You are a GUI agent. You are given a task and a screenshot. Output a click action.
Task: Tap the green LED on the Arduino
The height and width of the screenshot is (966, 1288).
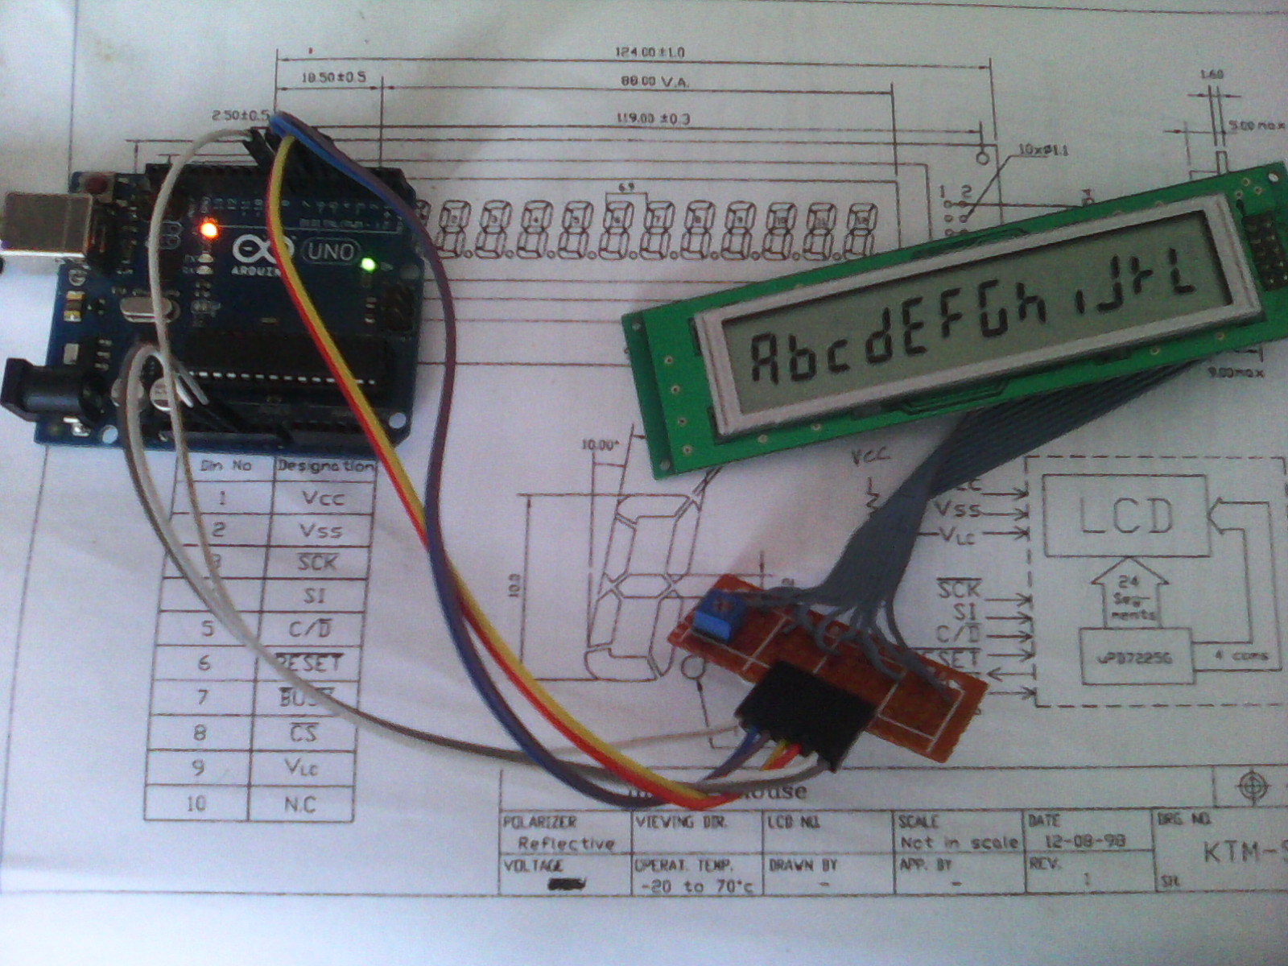point(369,264)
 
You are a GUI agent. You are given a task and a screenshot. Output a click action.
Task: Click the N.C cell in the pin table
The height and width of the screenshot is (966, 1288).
point(300,803)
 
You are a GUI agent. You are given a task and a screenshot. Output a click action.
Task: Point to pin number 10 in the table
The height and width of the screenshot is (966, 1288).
point(196,803)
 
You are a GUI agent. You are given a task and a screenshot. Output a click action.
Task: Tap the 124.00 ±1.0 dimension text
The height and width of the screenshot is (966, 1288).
point(649,52)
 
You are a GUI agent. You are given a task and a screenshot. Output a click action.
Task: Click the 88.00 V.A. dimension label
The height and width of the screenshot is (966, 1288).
point(656,82)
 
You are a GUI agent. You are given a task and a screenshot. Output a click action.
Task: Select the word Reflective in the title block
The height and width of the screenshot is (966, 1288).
point(565,843)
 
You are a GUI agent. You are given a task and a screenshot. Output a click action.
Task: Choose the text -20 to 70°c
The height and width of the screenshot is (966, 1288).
point(697,885)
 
